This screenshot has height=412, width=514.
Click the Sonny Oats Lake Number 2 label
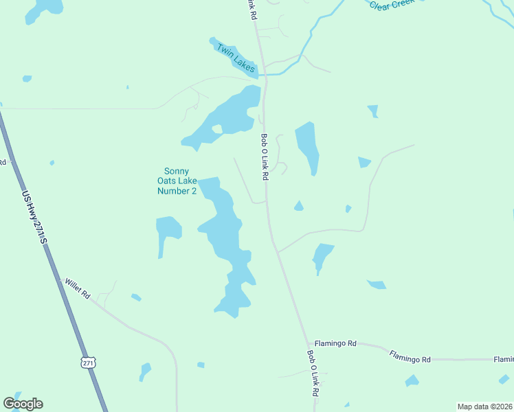pos(178,181)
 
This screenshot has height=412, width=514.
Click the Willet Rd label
pos(77,288)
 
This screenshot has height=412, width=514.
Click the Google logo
pos(23,404)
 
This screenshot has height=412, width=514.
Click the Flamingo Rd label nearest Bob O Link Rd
pos(335,343)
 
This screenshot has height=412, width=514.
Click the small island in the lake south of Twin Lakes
pos(217,128)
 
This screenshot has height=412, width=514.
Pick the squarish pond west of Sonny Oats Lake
pos(168,229)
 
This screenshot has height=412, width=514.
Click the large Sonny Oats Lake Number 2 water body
pos(223,233)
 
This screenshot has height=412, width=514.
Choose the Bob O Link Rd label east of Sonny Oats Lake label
pos(264,157)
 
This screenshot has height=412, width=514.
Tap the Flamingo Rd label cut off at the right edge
pos(503,359)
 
